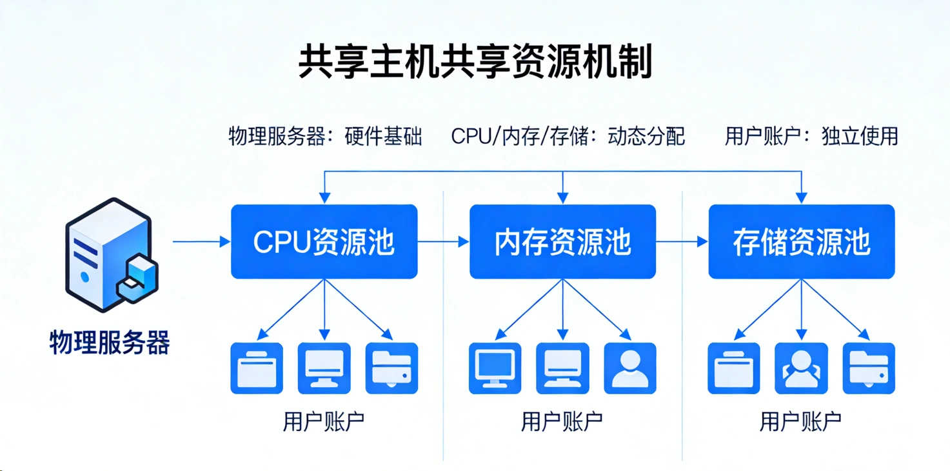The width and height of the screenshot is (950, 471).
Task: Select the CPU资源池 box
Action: [x=324, y=241]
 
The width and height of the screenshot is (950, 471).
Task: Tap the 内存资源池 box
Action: [x=563, y=241]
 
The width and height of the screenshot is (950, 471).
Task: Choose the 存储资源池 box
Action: [x=802, y=241]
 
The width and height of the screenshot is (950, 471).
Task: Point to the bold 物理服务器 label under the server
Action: [x=110, y=343]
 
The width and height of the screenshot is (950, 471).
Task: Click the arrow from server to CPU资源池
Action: [x=201, y=241]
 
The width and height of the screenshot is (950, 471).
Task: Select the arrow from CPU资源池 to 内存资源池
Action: [x=444, y=241]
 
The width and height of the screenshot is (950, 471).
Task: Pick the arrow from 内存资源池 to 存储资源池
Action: [x=682, y=241]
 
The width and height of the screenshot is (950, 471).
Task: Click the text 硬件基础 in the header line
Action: [x=383, y=136]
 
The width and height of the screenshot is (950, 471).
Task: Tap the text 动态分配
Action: [x=646, y=136]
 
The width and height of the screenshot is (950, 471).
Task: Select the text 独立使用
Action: [x=860, y=136]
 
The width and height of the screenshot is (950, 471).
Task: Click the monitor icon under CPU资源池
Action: [x=324, y=368]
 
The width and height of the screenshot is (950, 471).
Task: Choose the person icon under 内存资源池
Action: [x=630, y=368]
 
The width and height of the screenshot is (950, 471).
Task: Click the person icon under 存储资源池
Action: [x=801, y=368]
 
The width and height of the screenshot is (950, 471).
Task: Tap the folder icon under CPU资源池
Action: [x=392, y=368]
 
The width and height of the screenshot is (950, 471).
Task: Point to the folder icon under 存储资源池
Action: [x=869, y=368]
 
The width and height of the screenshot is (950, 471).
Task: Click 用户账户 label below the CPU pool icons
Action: [x=324, y=421]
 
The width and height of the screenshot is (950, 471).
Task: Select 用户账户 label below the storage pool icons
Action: [x=801, y=421]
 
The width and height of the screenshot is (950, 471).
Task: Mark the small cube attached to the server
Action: [x=138, y=278]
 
